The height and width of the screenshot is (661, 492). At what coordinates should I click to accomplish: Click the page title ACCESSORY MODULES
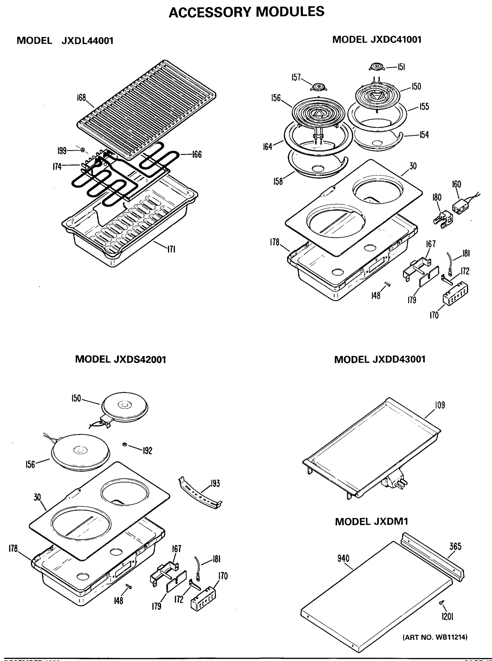(x=246, y=12)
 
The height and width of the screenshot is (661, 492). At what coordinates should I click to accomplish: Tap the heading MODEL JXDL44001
(x=65, y=40)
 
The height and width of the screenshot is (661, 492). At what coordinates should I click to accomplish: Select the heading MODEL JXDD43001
(x=380, y=359)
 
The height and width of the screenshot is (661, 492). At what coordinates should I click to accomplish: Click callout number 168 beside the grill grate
(x=81, y=98)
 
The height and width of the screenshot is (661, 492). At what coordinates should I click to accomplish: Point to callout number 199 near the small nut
(x=62, y=151)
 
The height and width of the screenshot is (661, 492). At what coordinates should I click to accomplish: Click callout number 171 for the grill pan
(x=171, y=249)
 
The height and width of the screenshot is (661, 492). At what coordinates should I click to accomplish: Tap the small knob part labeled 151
(x=376, y=67)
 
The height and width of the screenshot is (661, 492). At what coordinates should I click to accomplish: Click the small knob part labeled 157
(x=318, y=87)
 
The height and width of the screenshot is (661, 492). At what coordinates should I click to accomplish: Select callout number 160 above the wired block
(x=456, y=184)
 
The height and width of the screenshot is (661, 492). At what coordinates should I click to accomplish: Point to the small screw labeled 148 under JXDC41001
(x=387, y=285)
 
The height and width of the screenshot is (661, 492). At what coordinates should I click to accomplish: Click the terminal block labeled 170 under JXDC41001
(x=455, y=293)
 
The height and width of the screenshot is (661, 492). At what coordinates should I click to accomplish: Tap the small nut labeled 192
(x=125, y=445)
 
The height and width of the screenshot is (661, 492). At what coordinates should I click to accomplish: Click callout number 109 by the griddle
(x=440, y=405)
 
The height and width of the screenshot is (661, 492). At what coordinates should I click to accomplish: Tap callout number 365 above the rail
(x=455, y=546)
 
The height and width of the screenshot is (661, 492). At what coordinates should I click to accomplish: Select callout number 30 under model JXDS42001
(x=37, y=497)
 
